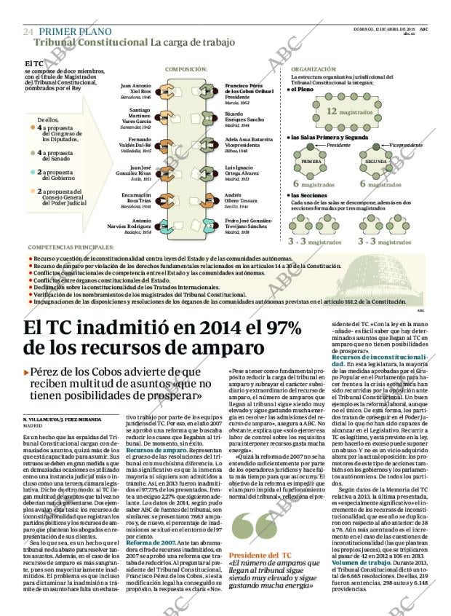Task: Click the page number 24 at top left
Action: (28, 32)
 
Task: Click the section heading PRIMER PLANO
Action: (75, 31)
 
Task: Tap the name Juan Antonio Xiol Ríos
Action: (136, 88)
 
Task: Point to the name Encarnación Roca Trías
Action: (136, 199)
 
